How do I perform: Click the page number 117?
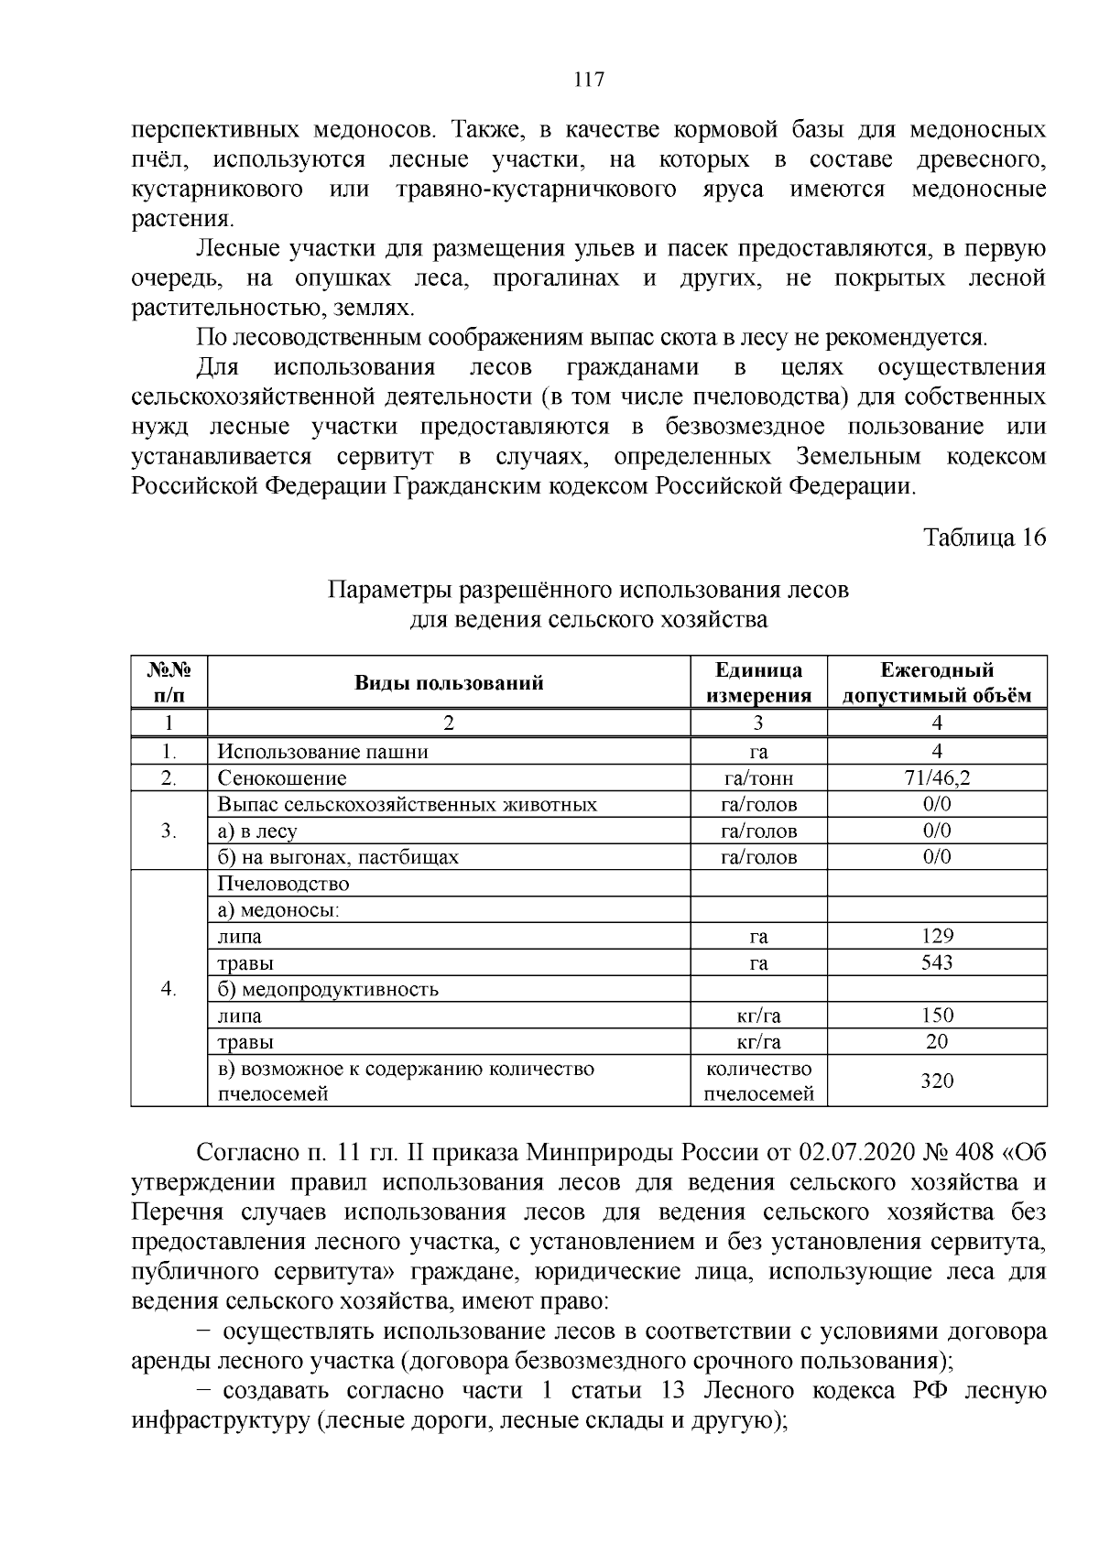click(x=588, y=80)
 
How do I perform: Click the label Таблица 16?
click(x=983, y=538)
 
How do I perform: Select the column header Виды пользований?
click(x=449, y=682)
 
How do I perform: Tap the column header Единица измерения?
click(x=757, y=682)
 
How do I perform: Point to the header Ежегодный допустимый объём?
click(x=937, y=682)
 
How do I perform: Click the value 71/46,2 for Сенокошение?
click(x=937, y=778)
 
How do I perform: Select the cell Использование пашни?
click(x=322, y=752)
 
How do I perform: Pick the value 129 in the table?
click(x=937, y=936)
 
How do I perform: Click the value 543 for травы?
click(x=937, y=962)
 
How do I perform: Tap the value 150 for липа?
click(x=937, y=1015)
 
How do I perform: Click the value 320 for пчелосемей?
click(x=937, y=1081)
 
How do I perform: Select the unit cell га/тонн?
click(x=757, y=778)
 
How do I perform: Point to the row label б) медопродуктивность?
click(x=328, y=989)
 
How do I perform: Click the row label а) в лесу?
click(x=257, y=831)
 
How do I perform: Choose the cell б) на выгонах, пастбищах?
click(x=338, y=857)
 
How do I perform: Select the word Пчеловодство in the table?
click(x=283, y=884)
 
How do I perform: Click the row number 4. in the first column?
click(x=169, y=989)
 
